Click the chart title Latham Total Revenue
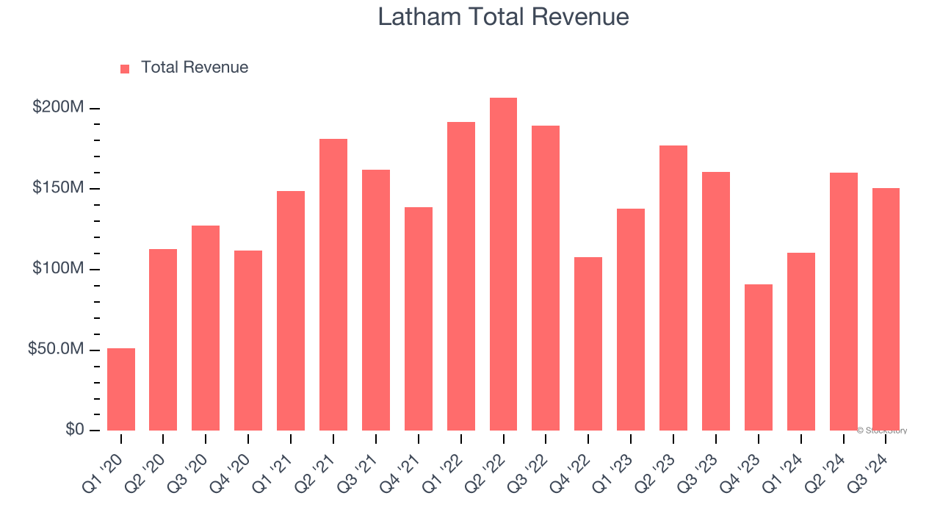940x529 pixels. (x=503, y=17)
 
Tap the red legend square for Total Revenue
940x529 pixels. (x=125, y=68)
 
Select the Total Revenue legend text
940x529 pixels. (x=195, y=68)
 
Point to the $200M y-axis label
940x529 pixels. (x=58, y=107)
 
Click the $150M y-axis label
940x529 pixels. (x=58, y=188)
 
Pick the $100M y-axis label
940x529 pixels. (x=58, y=268)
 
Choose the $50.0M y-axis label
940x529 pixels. (x=56, y=349)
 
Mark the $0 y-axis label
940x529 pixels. (x=73, y=429)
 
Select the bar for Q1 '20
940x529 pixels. (x=121, y=389)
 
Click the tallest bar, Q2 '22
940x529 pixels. (x=504, y=264)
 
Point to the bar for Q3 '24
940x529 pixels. (x=886, y=309)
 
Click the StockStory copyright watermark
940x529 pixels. (x=882, y=431)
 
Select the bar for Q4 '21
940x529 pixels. (x=419, y=319)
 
